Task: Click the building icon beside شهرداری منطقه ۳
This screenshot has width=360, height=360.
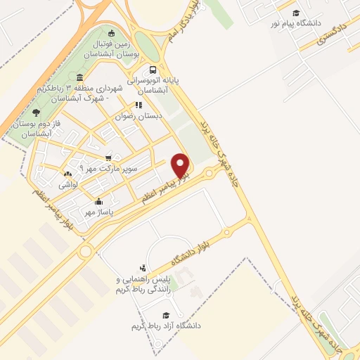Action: point(79,77)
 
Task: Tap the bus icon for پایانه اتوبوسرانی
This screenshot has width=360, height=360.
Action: point(153,69)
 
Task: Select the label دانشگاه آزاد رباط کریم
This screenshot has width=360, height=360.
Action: point(166,326)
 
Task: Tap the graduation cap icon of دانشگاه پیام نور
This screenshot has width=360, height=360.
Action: point(296,13)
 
